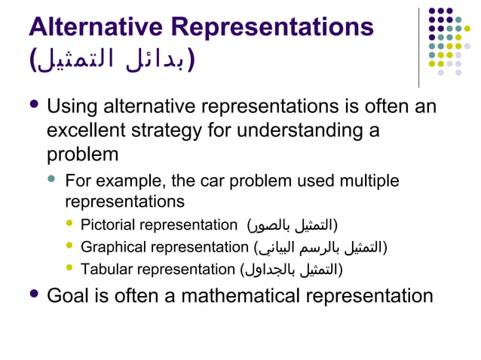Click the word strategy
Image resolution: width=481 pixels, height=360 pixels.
tap(186, 130)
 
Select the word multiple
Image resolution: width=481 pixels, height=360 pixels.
tap(369, 182)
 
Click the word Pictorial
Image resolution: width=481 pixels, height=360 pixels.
tap(108, 224)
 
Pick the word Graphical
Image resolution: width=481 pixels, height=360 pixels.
tap(112, 246)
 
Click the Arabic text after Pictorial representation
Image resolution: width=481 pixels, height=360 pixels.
tap(293, 224)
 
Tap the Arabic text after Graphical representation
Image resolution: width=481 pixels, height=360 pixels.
tap(321, 246)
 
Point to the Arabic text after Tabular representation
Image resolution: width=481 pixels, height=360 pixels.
tap(291, 268)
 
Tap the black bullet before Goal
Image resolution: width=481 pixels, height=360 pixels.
tap(33, 293)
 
